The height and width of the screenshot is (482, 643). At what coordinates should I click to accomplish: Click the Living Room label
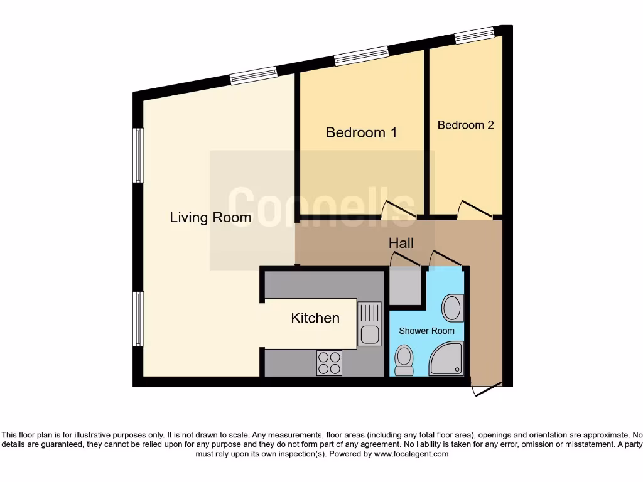pyautogui.click(x=210, y=218)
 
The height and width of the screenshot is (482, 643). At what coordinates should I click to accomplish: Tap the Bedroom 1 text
pyautogui.click(x=361, y=132)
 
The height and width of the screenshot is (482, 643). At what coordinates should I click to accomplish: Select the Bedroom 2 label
pyautogui.click(x=465, y=125)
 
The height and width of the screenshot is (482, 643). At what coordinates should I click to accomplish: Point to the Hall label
pyautogui.click(x=401, y=243)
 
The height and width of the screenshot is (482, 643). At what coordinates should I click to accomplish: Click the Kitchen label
pyautogui.click(x=315, y=318)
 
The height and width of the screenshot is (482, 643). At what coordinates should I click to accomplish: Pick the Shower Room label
pyautogui.click(x=426, y=331)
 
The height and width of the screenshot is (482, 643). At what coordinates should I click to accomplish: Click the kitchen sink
pyautogui.click(x=369, y=323)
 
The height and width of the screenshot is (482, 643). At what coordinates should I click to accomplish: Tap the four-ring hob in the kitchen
pyautogui.click(x=330, y=362)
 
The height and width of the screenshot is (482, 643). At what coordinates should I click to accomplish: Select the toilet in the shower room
pyautogui.click(x=404, y=361)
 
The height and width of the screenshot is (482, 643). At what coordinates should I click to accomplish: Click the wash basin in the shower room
pyautogui.click(x=452, y=308)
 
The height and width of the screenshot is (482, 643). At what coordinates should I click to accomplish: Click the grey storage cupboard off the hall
pyautogui.click(x=404, y=287)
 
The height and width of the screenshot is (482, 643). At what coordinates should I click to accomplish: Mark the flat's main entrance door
pyautogui.click(x=487, y=389)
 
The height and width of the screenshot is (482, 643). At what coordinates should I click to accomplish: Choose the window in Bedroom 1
pyautogui.click(x=361, y=56)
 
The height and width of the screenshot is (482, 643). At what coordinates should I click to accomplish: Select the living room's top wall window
pyautogui.click(x=253, y=76)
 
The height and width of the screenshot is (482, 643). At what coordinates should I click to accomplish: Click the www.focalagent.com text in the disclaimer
pyautogui.click(x=412, y=454)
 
